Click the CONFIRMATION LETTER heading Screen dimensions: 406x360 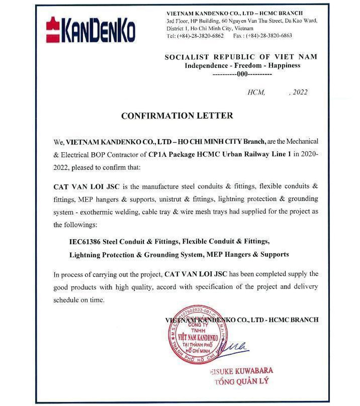click(177, 115)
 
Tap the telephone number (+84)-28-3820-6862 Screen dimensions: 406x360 click(200, 36)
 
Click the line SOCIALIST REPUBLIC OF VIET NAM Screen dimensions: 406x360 click(241, 57)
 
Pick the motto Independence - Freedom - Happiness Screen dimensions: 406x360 click(242, 65)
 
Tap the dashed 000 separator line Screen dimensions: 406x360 click(242, 74)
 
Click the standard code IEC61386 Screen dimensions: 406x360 click(85, 242)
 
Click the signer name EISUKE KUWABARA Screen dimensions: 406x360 click(242, 371)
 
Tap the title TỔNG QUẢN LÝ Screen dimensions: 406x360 click(242, 381)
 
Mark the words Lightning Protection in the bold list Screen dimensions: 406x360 click(101, 255)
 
